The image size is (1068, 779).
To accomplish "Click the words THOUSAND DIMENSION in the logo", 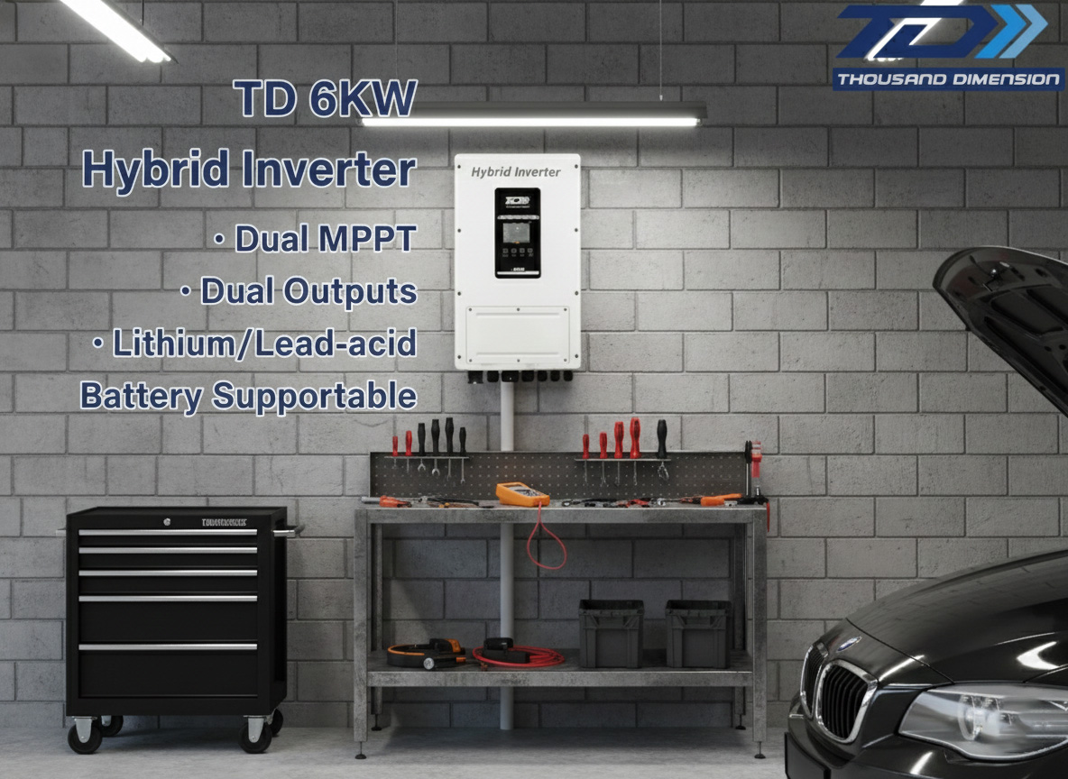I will [x=948, y=79].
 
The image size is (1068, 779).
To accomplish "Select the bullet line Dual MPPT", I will [x=315, y=239].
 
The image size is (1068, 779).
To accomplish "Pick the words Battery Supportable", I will [x=248, y=396].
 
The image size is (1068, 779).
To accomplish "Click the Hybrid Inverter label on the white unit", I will [x=516, y=172].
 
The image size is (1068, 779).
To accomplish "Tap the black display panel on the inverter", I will [x=518, y=232].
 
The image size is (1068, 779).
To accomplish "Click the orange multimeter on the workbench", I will [x=521, y=493].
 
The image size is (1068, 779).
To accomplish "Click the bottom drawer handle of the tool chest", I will [x=168, y=646].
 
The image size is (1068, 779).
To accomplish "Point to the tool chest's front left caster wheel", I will [x=85, y=738].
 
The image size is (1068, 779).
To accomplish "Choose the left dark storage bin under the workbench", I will [x=611, y=633].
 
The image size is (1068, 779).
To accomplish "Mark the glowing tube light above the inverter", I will [x=531, y=118].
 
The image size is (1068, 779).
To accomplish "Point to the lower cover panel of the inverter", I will [x=517, y=335].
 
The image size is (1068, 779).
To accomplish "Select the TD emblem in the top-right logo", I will [x=938, y=34].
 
